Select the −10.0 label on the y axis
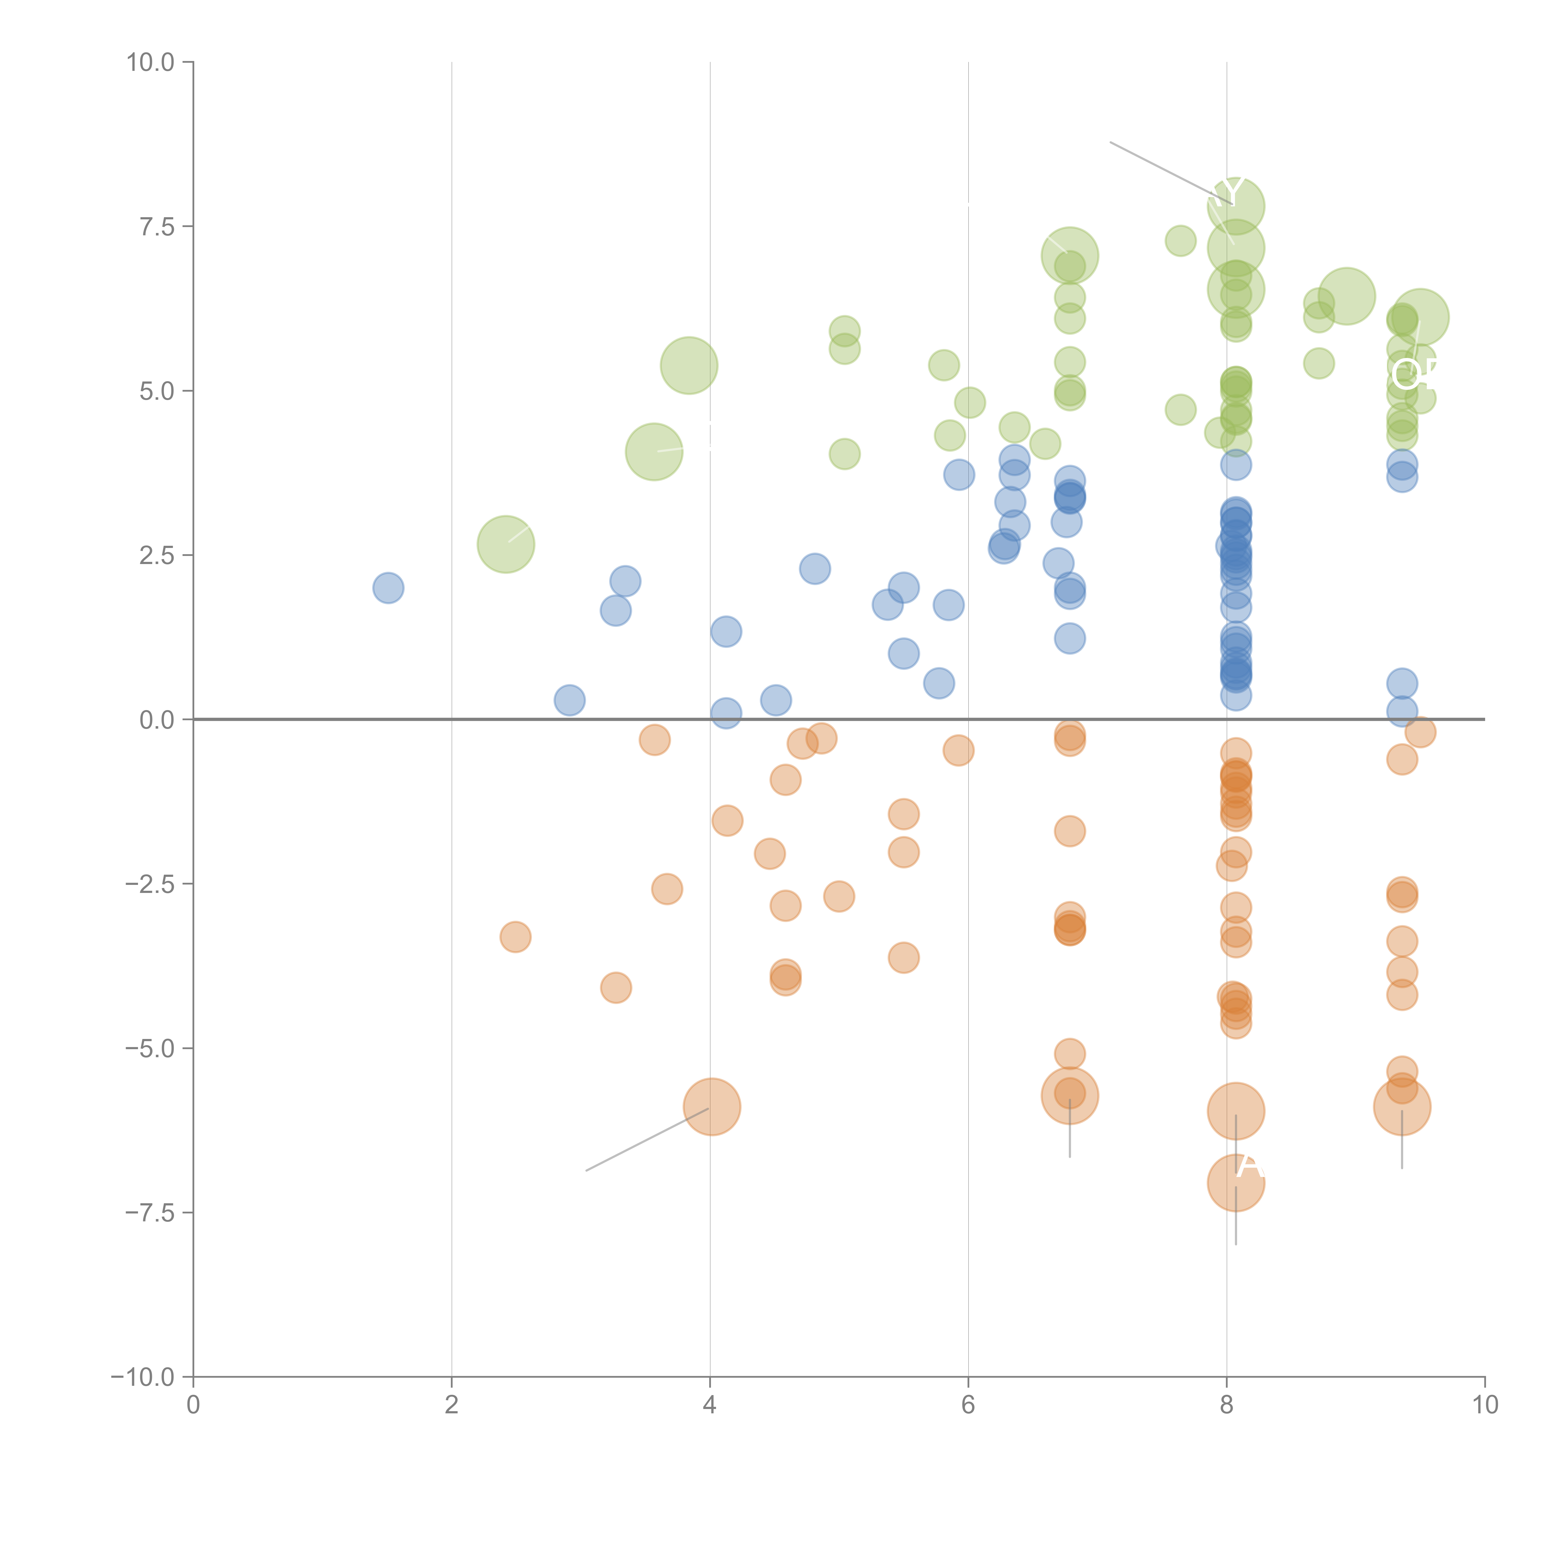coord(143,1377)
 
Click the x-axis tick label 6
coord(968,1404)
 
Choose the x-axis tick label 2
coord(452,1404)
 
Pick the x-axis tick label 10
coord(1485,1404)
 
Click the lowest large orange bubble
coord(1235,1183)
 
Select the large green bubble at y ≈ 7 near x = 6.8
coord(1070,256)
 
